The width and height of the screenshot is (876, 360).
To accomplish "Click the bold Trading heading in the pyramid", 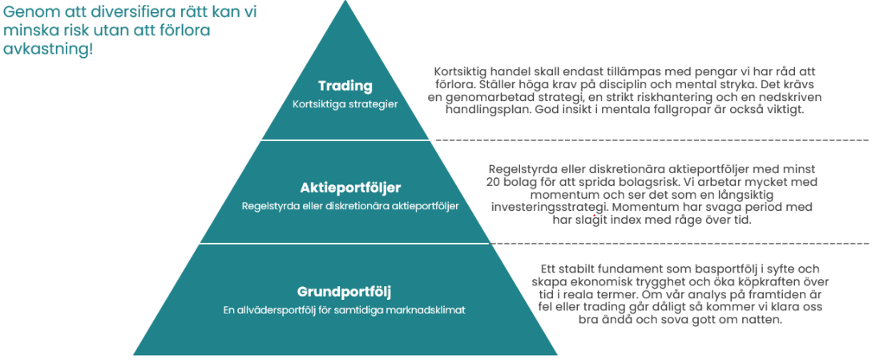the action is [345, 86].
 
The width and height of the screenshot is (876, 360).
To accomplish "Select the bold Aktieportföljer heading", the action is [349, 187].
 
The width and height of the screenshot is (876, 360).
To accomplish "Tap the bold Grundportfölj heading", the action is [344, 291].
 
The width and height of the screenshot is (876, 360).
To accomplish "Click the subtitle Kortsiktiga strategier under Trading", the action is [345, 104].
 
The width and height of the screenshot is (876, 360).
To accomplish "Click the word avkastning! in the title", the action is [49, 48].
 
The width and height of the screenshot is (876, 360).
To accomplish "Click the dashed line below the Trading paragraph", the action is [652, 140].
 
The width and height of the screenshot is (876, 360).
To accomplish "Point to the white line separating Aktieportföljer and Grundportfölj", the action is [345, 243].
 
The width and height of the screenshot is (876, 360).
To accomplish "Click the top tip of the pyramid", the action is [345, 2].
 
